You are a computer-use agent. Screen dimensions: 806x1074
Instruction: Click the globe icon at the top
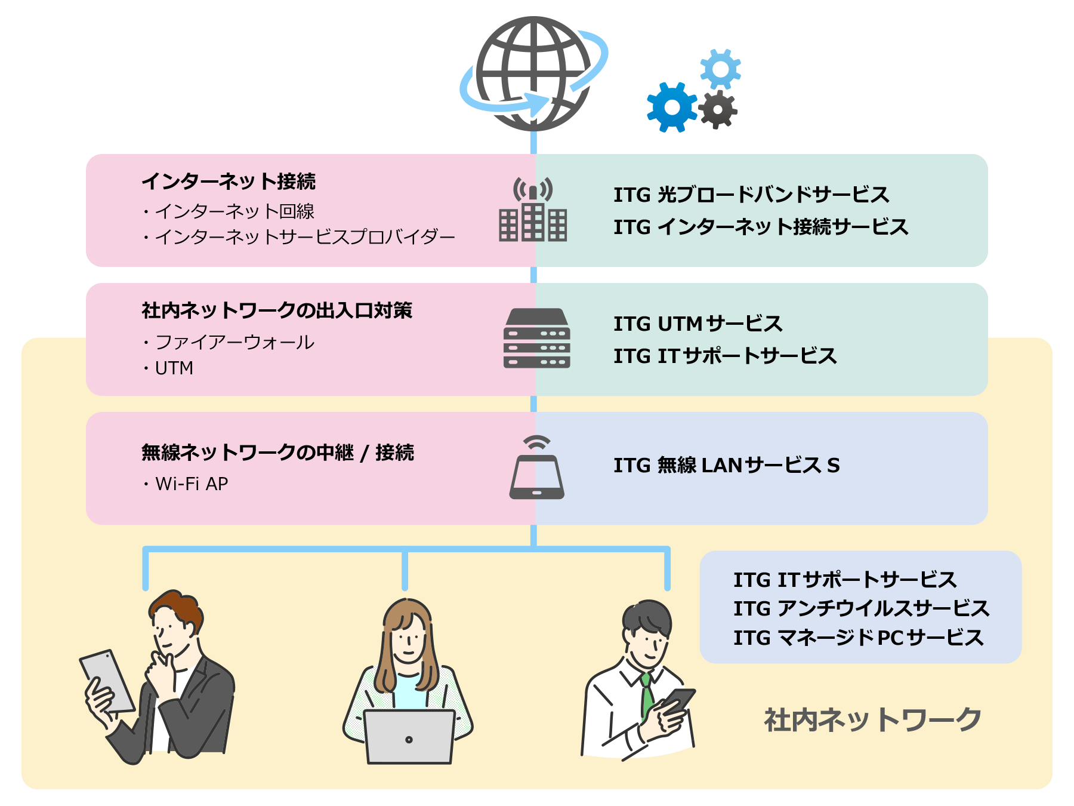[533, 74]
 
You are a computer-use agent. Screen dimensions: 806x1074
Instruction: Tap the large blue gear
[672, 107]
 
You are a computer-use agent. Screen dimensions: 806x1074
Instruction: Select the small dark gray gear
[718, 110]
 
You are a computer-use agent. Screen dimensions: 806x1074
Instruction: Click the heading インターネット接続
[229, 181]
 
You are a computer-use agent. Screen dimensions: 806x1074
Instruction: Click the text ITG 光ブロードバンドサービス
[751, 195]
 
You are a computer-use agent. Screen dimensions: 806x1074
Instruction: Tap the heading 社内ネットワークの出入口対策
[277, 310]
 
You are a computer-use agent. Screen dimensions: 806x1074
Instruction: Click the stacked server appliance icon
[536, 339]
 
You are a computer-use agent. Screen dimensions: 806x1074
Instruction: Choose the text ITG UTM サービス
[698, 324]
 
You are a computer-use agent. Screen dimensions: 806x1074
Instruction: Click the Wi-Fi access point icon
[536, 469]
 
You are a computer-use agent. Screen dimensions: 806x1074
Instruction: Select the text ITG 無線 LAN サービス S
[726, 465]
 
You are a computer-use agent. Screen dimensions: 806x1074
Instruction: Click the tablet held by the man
[107, 681]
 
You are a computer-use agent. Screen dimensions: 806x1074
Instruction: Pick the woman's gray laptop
[409, 737]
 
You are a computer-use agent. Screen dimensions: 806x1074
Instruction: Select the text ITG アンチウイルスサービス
[861, 608]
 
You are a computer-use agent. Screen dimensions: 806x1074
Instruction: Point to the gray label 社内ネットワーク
[872, 720]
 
